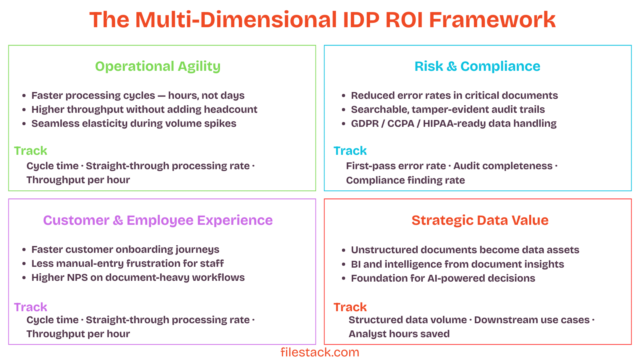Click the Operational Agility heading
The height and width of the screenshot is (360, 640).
(x=158, y=66)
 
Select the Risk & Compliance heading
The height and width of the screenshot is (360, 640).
(x=477, y=66)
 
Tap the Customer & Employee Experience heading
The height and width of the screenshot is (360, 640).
(x=158, y=220)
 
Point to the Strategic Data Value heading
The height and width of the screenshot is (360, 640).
(x=480, y=220)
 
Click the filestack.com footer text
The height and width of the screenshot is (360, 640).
(x=320, y=352)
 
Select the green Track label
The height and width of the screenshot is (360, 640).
(x=30, y=151)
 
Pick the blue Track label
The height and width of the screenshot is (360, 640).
(x=350, y=151)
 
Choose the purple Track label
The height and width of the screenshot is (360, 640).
(x=30, y=307)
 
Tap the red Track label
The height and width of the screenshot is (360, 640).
(x=350, y=307)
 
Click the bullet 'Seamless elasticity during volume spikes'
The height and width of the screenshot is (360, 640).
(x=134, y=124)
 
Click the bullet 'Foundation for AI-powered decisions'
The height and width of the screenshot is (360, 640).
(x=443, y=278)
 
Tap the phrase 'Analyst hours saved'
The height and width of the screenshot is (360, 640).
(x=399, y=334)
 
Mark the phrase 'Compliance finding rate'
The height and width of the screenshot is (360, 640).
(x=405, y=180)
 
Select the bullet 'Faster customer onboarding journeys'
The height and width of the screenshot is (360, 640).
(x=125, y=250)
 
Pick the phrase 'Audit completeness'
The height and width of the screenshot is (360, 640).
(x=503, y=166)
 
